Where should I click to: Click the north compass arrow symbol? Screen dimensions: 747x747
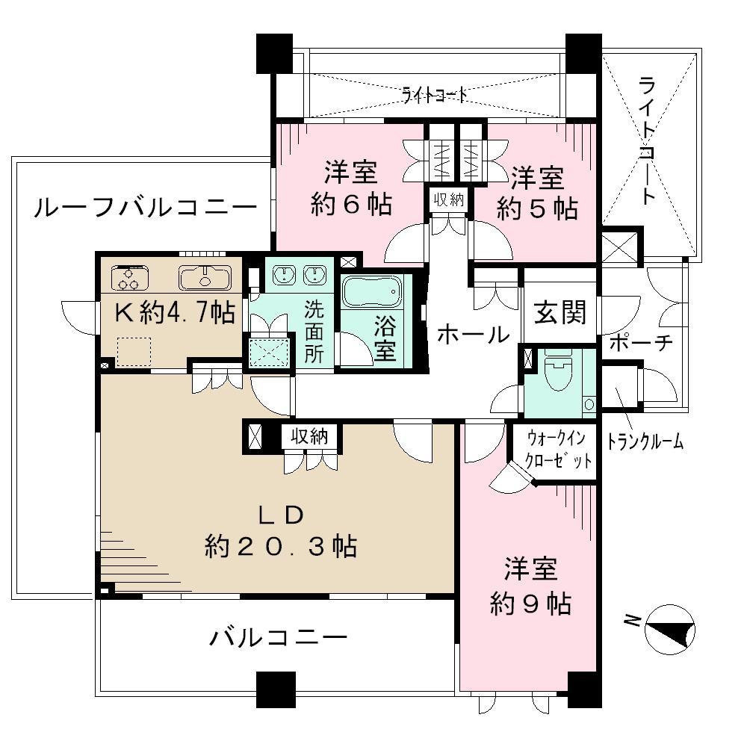coord(669,627)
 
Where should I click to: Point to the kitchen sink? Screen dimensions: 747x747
coord(201,277)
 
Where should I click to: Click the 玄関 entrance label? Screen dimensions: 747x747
coord(560,311)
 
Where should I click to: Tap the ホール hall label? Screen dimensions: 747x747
coord(472,334)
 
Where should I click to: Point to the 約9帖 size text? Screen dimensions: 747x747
coord(530,602)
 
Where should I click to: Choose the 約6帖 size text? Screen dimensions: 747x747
coord(351,205)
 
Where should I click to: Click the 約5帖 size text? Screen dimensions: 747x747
coord(538,209)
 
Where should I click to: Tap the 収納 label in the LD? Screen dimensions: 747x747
coord(309,436)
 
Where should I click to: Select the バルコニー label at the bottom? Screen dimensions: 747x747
coord(278,637)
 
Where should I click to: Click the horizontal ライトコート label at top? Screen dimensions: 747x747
coord(435,95)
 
